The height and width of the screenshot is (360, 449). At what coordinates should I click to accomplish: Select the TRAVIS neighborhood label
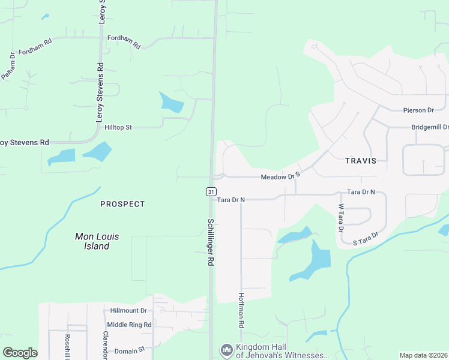[x=361, y=161]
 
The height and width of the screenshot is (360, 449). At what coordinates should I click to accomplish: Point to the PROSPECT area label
[x=122, y=204]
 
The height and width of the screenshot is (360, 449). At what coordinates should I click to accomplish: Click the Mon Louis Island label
[x=96, y=241]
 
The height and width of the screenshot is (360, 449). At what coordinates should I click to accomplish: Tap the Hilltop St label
[x=118, y=128]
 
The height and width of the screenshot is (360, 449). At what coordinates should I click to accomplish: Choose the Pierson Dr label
[x=418, y=110]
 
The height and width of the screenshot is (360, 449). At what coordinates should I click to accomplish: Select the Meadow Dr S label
[x=280, y=177]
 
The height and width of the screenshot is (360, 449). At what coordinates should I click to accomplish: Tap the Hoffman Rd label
[x=241, y=310]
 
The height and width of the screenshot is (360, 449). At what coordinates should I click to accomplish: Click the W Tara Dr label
[x=340, y=218]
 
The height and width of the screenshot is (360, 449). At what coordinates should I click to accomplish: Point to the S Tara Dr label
[x=366, y=239]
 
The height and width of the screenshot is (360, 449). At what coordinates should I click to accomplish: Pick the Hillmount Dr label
[x=128, y=311]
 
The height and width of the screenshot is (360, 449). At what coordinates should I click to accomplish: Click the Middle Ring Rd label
[x=129, y=324]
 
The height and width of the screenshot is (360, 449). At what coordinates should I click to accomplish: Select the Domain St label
[x=130, y=349]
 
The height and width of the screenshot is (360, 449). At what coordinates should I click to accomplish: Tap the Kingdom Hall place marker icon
[x=226, y=349]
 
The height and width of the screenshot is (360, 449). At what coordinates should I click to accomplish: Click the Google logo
[x=20, y=353]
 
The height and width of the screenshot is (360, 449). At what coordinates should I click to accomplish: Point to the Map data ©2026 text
[x=423, y=355]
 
